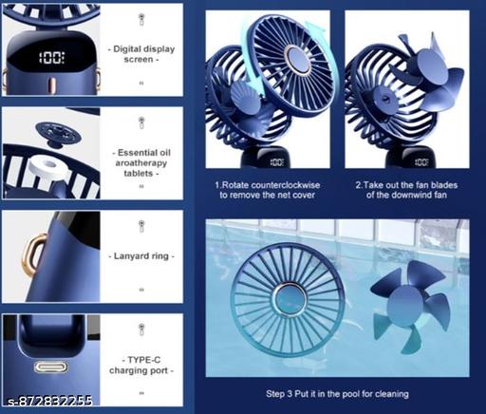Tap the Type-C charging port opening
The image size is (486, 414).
[50, 367]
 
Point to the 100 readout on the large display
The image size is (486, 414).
[52, 58]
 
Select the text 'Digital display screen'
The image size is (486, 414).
[141, 54]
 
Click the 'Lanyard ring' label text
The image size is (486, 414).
[141, 255]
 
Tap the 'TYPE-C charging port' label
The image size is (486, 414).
[141, 365]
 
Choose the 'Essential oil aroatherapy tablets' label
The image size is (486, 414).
[141, 162]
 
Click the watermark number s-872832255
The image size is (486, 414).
[50, 401]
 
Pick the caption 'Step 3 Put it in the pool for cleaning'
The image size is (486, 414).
[337, 394]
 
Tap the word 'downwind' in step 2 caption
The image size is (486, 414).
[417, 195]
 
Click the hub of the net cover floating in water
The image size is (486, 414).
[289, 299]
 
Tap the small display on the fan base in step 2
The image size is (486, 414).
[421, 162]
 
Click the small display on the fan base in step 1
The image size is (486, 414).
[277, 162]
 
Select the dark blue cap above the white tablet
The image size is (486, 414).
[58, 134]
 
